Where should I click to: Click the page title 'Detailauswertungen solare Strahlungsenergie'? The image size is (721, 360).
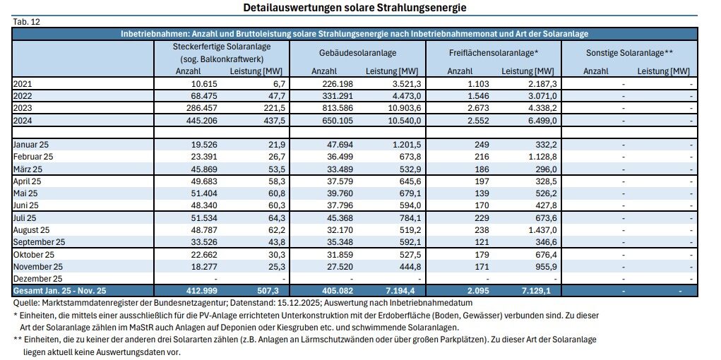[x=354, y=7]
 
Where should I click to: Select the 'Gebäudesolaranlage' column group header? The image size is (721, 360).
[x=358, y=54]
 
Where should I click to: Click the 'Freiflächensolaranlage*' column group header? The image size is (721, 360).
[x=494, y=54]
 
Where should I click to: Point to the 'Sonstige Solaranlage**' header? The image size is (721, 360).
[x=629, y=54]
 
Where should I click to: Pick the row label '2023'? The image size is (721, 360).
[x=22, y=108]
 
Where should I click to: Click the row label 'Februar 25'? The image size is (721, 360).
[x=33, y=156]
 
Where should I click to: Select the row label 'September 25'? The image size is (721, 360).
[x=39, y=242]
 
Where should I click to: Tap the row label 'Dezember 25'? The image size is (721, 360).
[x=37, y=279]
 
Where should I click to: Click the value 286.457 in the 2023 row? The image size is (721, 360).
[x=200, y=108]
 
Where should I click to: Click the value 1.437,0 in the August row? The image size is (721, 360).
[x=540, y=230]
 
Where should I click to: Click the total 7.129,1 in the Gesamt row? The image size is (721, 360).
[x=539, y=291]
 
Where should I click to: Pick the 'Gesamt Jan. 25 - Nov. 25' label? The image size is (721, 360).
[x=61, y=291]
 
